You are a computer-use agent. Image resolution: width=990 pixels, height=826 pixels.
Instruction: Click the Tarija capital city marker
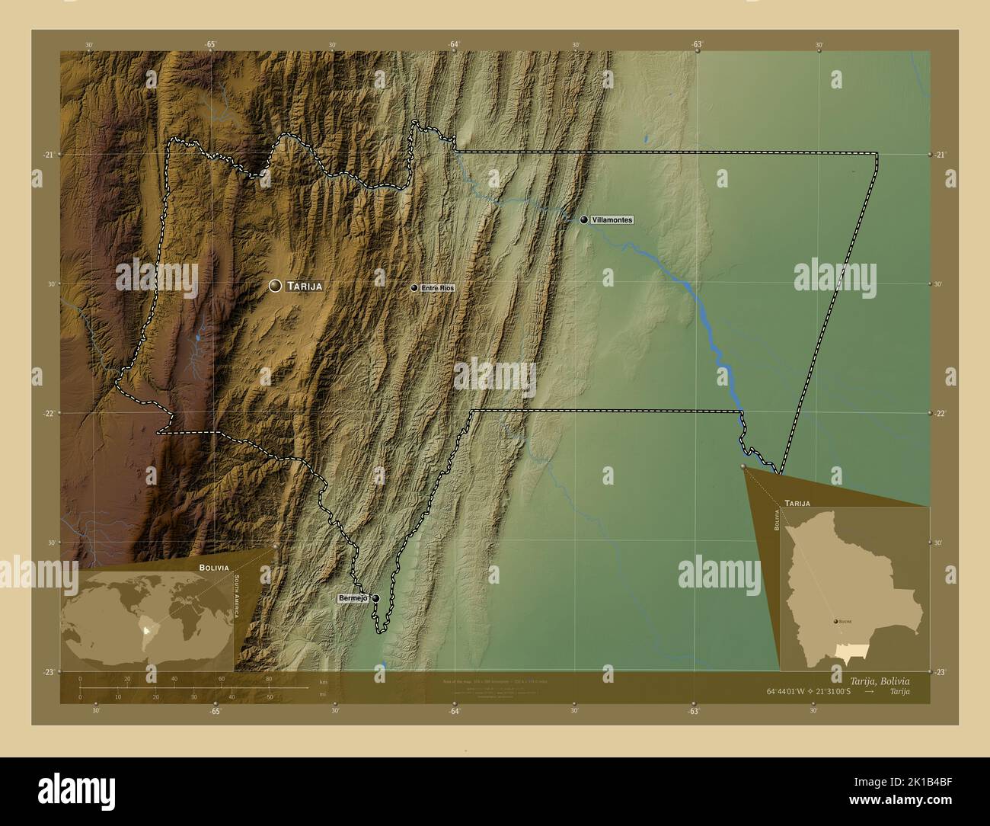coord(275,286)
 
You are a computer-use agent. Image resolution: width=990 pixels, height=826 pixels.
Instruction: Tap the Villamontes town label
coord(612,219)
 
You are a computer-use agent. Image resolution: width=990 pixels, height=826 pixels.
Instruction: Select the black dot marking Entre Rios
coord(414,288)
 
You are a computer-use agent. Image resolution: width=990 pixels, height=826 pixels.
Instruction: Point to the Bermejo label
coord(353,599)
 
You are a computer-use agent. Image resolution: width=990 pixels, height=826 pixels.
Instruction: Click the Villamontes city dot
coord(584,219)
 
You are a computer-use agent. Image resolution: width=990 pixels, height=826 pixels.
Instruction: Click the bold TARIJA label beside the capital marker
coord(305,287)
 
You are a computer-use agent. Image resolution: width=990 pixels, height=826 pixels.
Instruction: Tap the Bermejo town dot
coord(375,599)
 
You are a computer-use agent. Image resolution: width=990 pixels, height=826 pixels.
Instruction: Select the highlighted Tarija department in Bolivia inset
coord(851,650)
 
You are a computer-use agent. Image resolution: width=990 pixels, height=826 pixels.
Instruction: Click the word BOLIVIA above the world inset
coord(213,568)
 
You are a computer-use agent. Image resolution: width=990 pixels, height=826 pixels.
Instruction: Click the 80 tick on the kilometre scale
coord(268,678)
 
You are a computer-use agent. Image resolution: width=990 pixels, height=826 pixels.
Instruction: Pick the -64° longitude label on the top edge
coord(454,45)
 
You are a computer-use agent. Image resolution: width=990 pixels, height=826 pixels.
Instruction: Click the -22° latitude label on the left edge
coord(49,413)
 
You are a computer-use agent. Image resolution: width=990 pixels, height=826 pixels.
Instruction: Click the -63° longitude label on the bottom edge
coord(693,711)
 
